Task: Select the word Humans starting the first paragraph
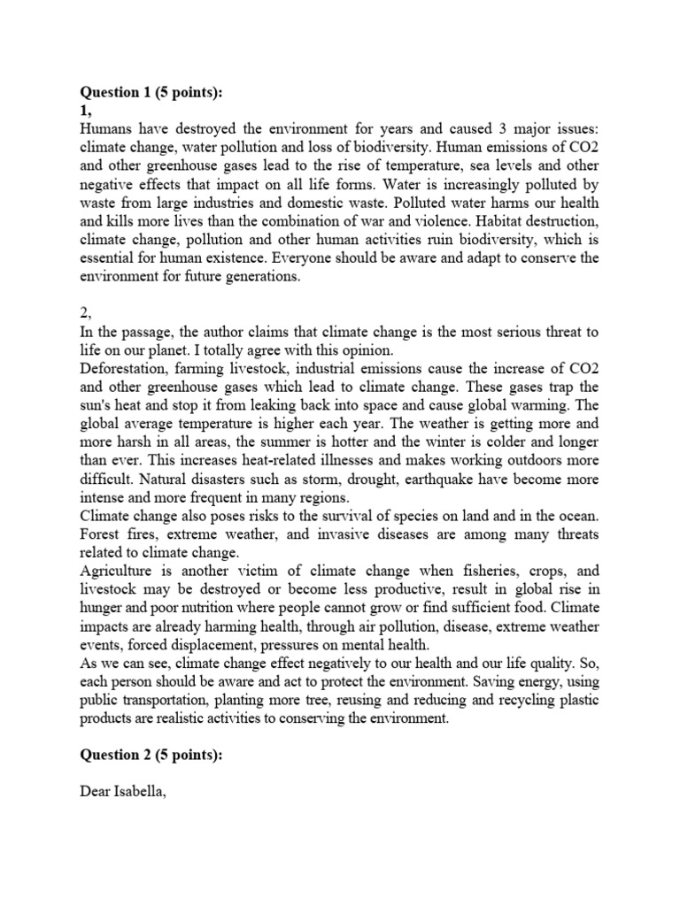104,127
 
